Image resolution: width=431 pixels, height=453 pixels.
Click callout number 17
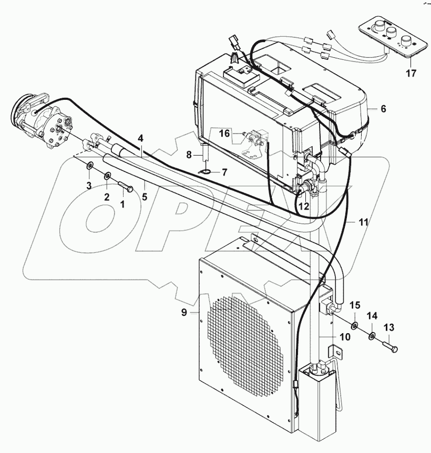[x=411, y=74]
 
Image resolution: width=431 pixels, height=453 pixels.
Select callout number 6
[x=383, y=109]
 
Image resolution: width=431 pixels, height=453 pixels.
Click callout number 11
[x=363, y=222]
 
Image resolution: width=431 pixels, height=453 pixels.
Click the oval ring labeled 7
[x=206, y=171]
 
